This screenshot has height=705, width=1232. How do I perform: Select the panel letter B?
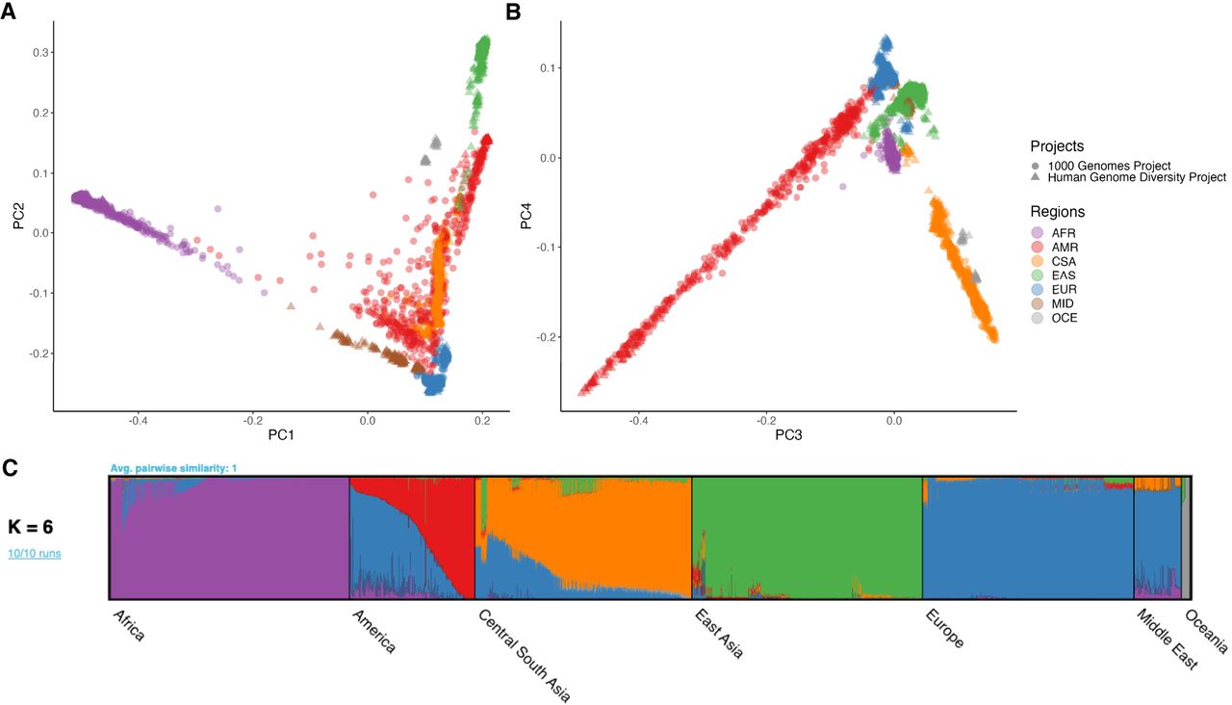[x=513, y=13]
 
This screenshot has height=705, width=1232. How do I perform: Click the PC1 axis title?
[x=281, y=436]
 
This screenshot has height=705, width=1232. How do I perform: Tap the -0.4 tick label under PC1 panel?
[x=137, y=421]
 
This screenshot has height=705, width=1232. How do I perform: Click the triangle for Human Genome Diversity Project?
[x=1036, y=177]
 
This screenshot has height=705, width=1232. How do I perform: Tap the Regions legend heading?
[x=1057, y=211]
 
